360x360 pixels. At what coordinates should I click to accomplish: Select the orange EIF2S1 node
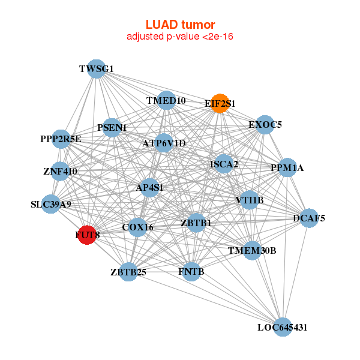tap(220, 103)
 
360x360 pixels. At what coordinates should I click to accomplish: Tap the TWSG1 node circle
tap(97, 69)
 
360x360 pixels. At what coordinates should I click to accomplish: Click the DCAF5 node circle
tap(309, 218)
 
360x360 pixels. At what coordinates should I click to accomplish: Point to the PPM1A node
tap(287, 168)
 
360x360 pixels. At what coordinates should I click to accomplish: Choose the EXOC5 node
tap(265, 125)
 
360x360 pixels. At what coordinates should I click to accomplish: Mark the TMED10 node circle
tap(166, 100)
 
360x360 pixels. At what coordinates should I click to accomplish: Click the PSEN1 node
tap(112, 127)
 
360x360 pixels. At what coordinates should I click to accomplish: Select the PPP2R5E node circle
tap(61, 139)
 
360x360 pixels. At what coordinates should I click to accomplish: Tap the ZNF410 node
tap(60, 172)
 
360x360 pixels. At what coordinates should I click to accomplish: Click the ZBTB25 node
tap(128, 272)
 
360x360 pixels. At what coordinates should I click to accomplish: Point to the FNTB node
tap(191, 272)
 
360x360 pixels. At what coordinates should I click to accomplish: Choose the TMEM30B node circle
tap(252, 250)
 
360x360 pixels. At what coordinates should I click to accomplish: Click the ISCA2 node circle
tap(224, 164)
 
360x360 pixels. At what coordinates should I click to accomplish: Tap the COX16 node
tap(138, 227)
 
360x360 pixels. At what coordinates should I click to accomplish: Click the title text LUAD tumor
tap(180, 25)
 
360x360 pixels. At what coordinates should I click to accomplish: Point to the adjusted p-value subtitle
tap(180, 37)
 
